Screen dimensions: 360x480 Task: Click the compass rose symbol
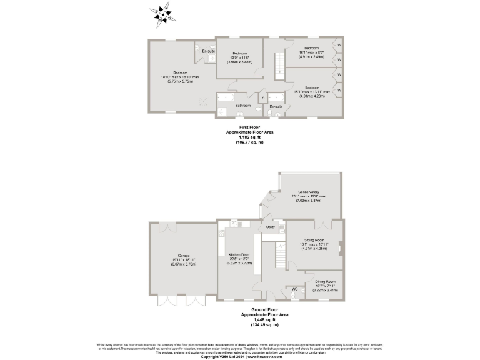pos(164,14)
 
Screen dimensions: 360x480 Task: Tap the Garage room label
pos(183,256)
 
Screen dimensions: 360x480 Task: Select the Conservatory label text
pos(309,192)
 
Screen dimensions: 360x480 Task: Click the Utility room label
pos(271,227)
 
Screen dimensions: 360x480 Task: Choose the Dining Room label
pos(324,282)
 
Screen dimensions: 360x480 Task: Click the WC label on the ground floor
pos(294,289)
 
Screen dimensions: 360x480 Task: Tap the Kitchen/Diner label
pos(237,255)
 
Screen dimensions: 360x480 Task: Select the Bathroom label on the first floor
pos(243,106)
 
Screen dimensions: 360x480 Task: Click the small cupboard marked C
pos(263,97)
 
